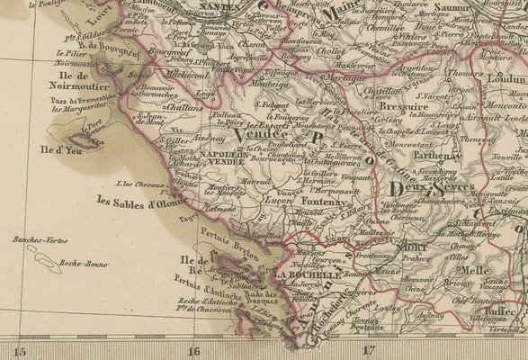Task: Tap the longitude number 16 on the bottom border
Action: point(193,350)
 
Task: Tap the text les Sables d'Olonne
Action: point(140,202)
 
